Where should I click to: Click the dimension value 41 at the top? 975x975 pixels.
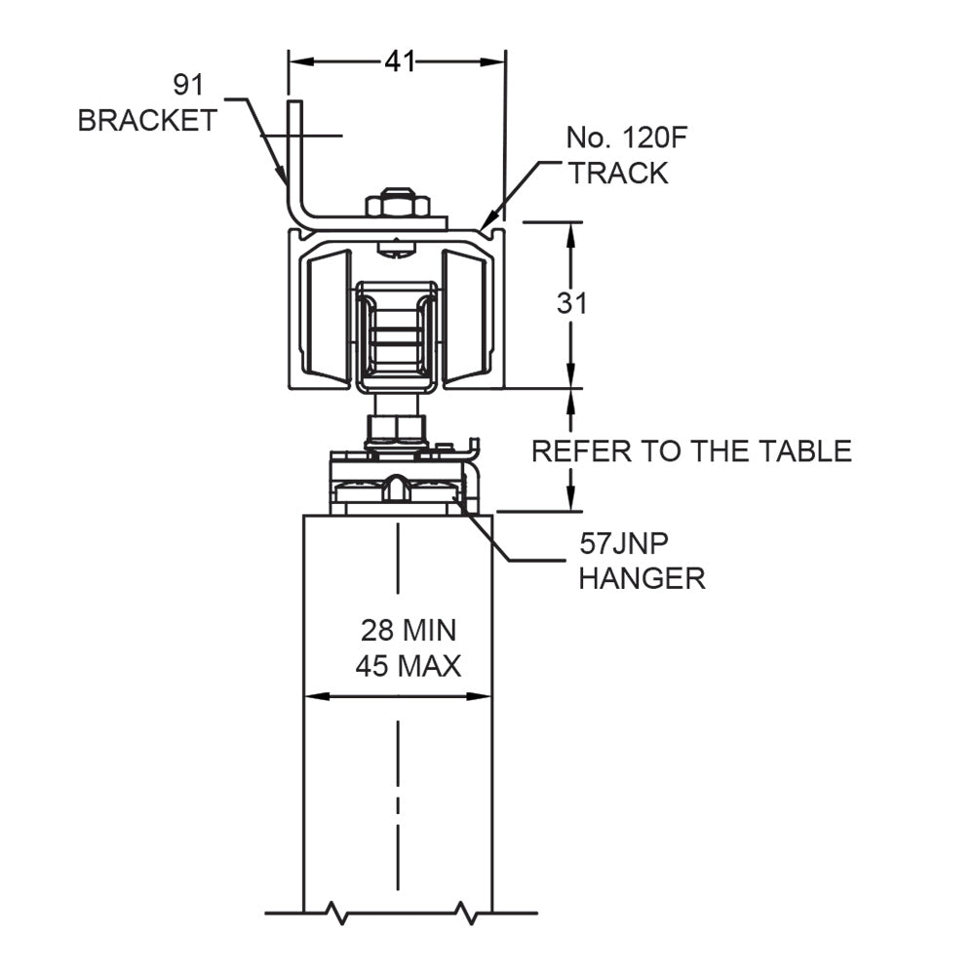tap(398, 62)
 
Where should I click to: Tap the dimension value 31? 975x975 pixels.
tap(572, 303)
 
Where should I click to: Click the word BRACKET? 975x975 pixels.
tap(147, 121)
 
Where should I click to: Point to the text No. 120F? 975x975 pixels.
tap(627, 137)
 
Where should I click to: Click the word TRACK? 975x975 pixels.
tap(618, 174)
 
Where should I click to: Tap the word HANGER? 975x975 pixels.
tap(642, 577)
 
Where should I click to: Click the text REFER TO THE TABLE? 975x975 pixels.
tap(690, 450)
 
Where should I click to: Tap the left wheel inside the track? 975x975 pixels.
tap(327, 315)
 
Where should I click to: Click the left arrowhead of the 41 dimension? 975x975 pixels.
tap(296, 61)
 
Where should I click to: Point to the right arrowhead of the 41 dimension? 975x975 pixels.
tap(497, 61)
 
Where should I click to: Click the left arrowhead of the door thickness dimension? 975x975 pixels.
tap(313, 696)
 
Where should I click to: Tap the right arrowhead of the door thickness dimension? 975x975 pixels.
tap(483, 696)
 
